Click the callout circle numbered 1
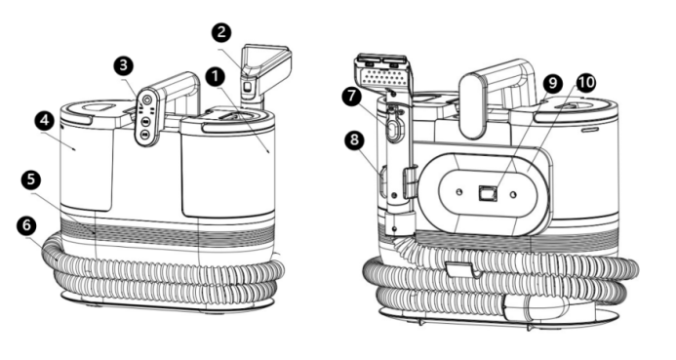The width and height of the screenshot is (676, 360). pos(216,77)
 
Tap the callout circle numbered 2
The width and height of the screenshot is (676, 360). pos(221,32)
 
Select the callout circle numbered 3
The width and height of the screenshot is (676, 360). pos(124,66)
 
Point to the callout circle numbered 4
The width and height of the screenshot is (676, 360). pos(45,121)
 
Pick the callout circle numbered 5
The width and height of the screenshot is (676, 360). pos(30,180)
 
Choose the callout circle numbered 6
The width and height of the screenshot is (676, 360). pos(26,225)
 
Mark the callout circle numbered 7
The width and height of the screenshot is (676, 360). pos(353,96)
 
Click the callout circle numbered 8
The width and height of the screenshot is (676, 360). pos(354,140)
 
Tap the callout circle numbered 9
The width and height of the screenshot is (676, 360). pos(552,83)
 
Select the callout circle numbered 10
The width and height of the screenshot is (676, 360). pos(585,82)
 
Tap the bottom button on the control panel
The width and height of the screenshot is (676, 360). pos(144,135)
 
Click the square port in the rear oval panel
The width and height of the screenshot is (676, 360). pos(487,193)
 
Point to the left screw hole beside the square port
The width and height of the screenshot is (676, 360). pos(460,191)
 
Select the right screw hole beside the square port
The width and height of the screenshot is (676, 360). pos(513,195)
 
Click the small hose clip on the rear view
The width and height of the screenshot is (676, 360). pos(461,270)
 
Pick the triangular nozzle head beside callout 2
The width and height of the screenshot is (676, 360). pos(267,65)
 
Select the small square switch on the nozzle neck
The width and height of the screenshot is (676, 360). pos(248,86)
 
